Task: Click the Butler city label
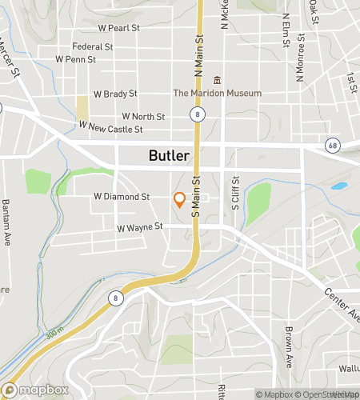pyautogui.click(x=169, y=156)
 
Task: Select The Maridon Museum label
pyautogui.click(x=217, y=93)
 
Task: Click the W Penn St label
pyautogui.click(x=75, y=59)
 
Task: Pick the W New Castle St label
pyautogui.click(x=110, y=128)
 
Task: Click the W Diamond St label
pyautogui.click(x=122, y=196)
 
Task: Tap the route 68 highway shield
pyautogui.click(x=331, y=145)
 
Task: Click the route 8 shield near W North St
pyautogui.click(x=195, y=116)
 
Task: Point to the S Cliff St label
pyautogui.click(x=236, y=191)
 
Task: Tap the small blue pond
pyautogui.click(x=338, y=186)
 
